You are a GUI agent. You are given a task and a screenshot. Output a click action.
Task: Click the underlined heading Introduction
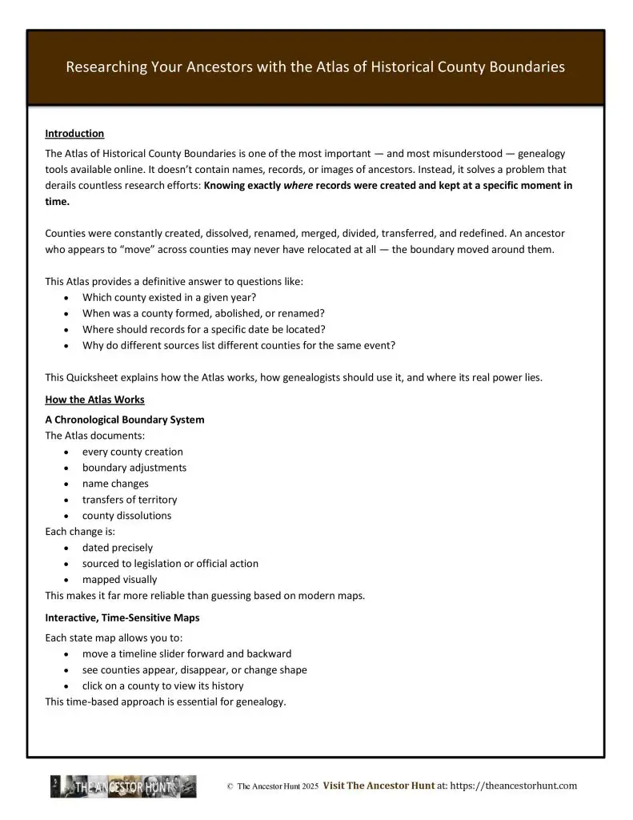click(74, 134)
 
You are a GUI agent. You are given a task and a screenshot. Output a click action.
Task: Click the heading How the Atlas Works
click(94, 400)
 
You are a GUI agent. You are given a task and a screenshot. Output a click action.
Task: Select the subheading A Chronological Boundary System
click(124, 420)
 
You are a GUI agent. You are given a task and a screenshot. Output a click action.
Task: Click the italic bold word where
click(298, 185)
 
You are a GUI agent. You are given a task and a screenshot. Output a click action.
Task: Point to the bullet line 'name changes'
click(115, 484)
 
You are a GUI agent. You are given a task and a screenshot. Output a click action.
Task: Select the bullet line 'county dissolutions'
click(126, 516)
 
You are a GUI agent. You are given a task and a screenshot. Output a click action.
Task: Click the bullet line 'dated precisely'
click(117, 548)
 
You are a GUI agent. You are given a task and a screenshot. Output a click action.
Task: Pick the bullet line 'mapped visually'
click(119, 580)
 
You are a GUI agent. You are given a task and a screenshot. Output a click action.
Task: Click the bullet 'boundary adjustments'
click(134, 468)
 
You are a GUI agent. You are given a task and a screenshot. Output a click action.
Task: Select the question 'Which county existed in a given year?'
click(172, 297)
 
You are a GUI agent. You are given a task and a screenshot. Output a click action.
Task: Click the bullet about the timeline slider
click(186, 653)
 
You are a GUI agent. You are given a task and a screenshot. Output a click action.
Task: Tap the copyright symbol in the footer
click(230, 787)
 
